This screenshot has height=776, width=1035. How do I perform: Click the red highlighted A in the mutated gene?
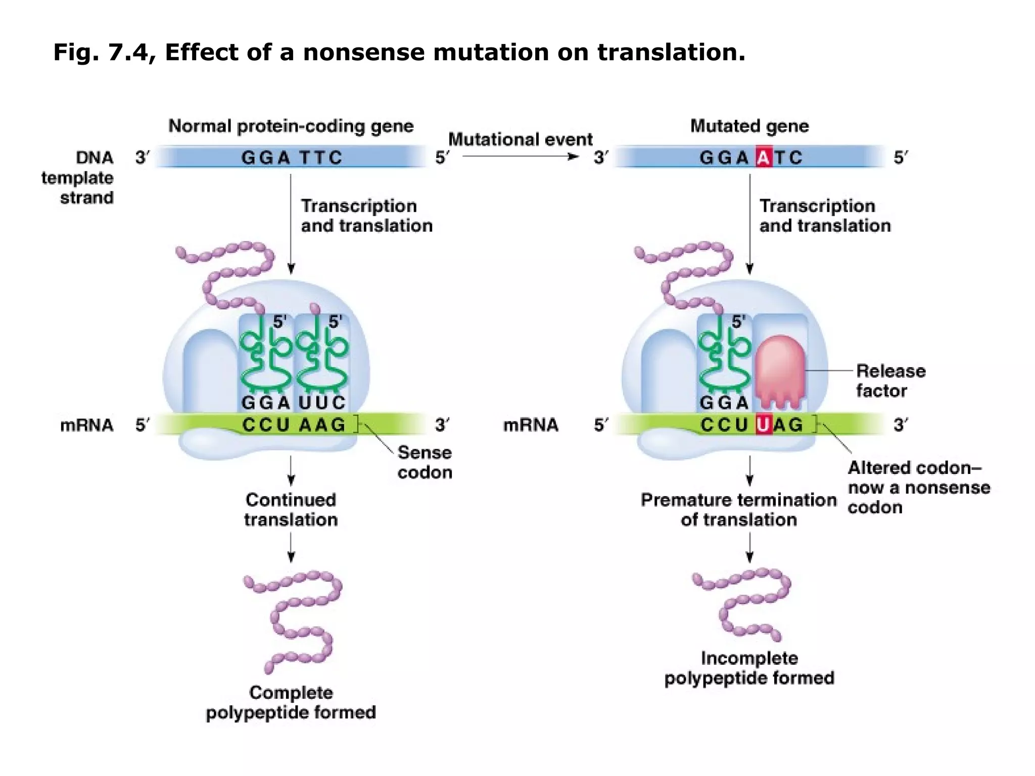(764, 158)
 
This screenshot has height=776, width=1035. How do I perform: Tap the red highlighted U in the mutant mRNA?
(764, 425)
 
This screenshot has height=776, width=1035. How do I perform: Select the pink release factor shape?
(780, 371)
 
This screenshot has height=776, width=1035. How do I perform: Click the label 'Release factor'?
(890, 380)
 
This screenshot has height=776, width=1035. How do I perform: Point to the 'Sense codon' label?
(425, 462)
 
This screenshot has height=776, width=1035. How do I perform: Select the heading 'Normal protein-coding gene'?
(291, 126)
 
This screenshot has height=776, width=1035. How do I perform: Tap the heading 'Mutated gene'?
(749, 126)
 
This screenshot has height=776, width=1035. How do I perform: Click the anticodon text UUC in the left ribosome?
(322, 403)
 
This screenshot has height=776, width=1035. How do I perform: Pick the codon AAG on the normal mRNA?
(322, 425)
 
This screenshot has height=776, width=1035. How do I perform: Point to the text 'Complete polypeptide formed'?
(291, 702)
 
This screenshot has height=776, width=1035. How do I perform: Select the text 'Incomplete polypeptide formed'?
(749, 668)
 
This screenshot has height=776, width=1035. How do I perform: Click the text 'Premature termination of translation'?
(739, 509)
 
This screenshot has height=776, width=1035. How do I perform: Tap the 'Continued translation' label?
(291, 509)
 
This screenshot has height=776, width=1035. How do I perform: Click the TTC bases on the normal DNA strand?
(320, 158)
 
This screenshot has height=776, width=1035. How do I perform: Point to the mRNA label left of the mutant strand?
(530, 425)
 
